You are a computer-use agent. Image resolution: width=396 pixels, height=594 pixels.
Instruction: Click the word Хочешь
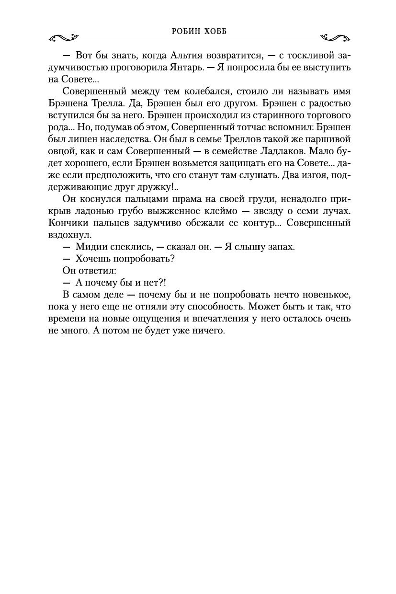(94, 259)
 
